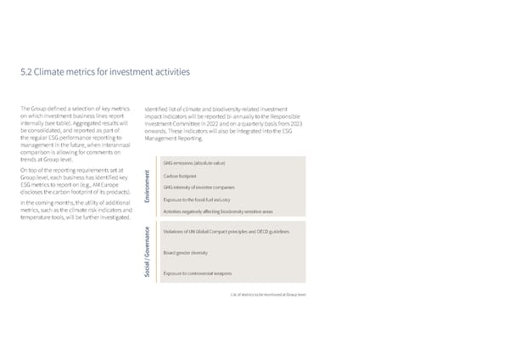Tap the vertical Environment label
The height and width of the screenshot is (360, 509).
148,187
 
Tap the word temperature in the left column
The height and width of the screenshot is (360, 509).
36,217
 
